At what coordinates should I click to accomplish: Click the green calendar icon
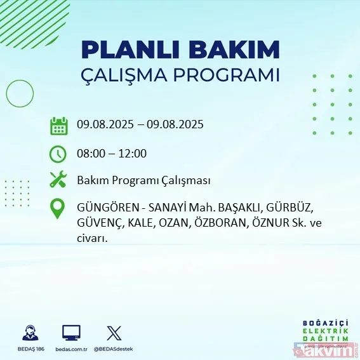coord(58,125)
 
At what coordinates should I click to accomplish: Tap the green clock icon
coord(58,153)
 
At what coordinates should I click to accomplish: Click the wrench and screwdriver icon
coord(58,180)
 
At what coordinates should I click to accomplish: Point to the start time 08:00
coord(90,153)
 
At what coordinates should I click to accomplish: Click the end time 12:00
coord(133,153)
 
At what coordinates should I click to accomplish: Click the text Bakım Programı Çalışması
coord(143,180)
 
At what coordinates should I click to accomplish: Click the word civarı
coord(92,239)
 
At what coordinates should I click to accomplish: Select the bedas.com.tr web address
coord(71,349)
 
